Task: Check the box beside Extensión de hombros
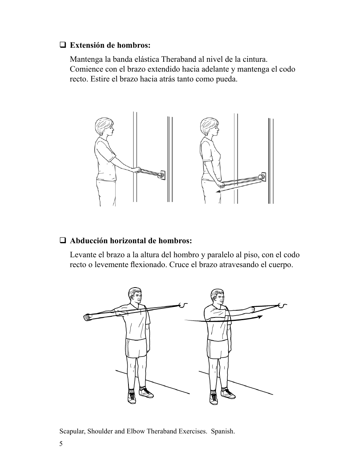pyautogui.click(x=63, y=45)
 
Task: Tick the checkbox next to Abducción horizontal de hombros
pyautogui.click(x=63, y=241)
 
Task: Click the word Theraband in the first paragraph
pyautogui.click(x=179, y=59)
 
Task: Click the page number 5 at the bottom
pyautogui.click(x=61, y=444)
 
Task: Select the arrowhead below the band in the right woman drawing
pyautogui.click(x=219, y=192)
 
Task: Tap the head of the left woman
pyautogui.click(x=104, y=128)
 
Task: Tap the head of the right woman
pyautogui.click(x=209, y=128)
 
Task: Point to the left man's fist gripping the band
pyautogui.click(x=87, y=317)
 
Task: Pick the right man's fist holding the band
pyautogui.click(x=250, y=310)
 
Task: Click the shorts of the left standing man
pyautogui.click(x=136, y=348)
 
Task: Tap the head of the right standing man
pyautogui.click(x=217, y=298)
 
